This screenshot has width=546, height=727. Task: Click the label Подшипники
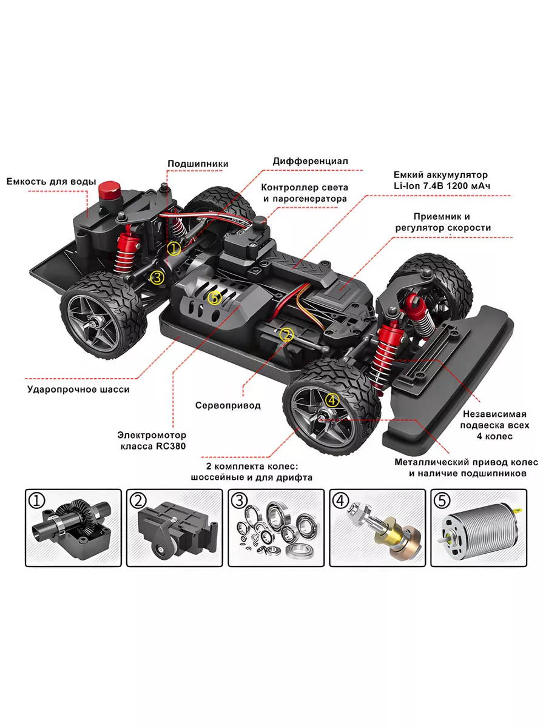pyautogui.click(x=198, y=163)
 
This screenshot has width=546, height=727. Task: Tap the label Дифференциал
pyautogui.click(x=309, y=161)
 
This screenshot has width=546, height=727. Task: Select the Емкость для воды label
pyautogui.click(x=51, y=181)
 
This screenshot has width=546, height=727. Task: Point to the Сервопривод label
pyautogui.click(x=227, y=405)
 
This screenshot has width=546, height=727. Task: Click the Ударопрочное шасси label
pyautogui.click(x=78, y=390)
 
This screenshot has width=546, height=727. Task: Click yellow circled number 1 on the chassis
pyautogui.click(x=174, y=248)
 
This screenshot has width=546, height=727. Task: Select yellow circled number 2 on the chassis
pyautogui.click(x=286, y=334)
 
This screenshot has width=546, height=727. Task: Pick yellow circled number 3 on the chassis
pyautogui.click(x=157, y=277)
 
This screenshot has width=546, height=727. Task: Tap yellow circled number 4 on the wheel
pyautogui.click(x=332, y=400)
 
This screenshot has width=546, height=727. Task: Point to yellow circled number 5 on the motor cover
pyautogui.click(x=214, y=297)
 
